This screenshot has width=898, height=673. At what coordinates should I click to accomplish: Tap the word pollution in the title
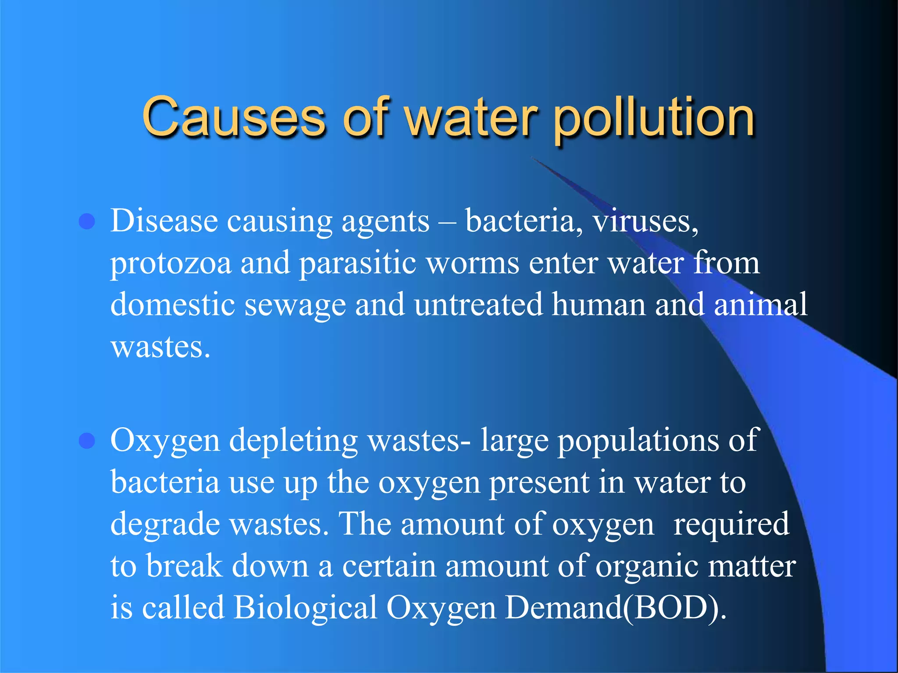point(653,118)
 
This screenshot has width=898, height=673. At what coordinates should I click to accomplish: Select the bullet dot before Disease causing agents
point(87,222)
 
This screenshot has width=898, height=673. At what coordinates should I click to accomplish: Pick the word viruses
point(645,221)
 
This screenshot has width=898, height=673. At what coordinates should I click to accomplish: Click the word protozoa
point(171,264)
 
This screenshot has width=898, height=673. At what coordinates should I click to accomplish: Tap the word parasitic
point(357,263)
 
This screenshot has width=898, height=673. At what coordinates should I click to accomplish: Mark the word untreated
point(478,305)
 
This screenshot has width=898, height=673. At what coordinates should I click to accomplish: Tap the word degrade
point(165,525)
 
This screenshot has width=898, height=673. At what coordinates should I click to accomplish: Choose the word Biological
point(305,608)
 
